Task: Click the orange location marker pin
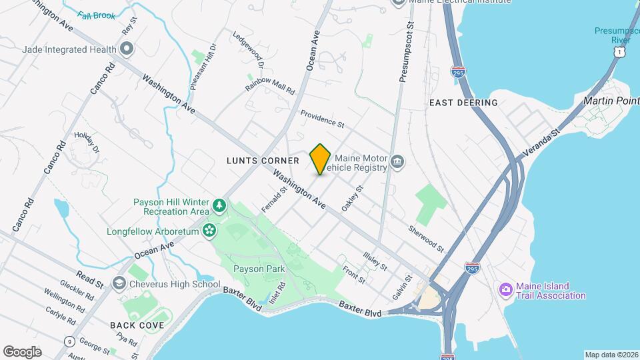point(321,159)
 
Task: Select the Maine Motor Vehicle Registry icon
point(397,161)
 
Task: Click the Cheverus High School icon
point(119,284)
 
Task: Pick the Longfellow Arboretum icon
point(209,231)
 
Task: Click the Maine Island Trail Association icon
point(505,289)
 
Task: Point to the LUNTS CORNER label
point(263,161)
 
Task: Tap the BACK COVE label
point(137,325)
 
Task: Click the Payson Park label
point(259,269)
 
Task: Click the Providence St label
point(322,119)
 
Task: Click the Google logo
point(22,352)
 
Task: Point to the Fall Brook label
point(96,15)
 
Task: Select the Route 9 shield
point(69,341)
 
